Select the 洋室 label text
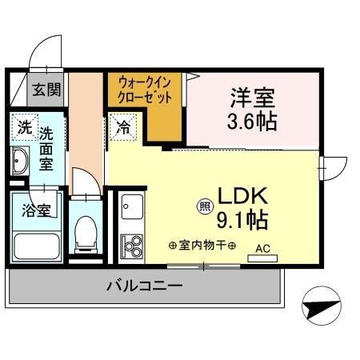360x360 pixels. (x=253, y=99)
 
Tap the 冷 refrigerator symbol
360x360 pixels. (x=124, y=125)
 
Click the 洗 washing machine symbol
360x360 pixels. (x=24, y=126)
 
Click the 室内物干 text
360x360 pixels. (x=202, y=244)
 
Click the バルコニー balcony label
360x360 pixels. (x=146, y=286)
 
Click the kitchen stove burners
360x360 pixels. (x=130, y=245)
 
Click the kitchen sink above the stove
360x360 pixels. (x=130, y=209)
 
